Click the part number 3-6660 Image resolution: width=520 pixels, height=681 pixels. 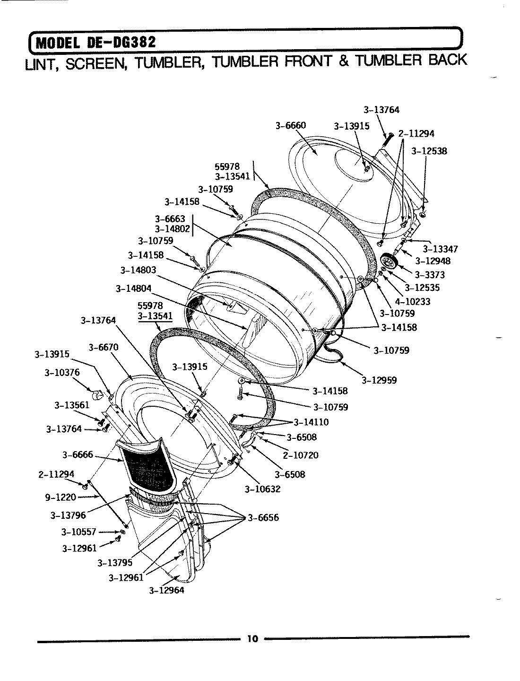(290, 125)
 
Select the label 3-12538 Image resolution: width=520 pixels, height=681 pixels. (429, 151)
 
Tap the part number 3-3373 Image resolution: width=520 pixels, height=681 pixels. (430, 275)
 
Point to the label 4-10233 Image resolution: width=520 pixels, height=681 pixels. (412, 301)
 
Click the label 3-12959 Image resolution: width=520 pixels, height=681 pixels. (379, 380)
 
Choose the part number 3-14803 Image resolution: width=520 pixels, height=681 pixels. (138, 270)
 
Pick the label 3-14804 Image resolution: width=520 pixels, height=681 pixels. (134, 288)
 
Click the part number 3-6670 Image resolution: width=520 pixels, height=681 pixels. (104, 348)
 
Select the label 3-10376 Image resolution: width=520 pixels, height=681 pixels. (62, 372)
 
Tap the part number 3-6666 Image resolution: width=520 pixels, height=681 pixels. (78, 454)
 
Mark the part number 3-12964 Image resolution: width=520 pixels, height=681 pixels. (166, 590)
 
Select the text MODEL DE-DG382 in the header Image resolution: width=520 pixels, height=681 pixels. (95, 43)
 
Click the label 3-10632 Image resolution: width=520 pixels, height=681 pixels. (262, 489)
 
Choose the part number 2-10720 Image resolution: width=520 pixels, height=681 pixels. (301, 455)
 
